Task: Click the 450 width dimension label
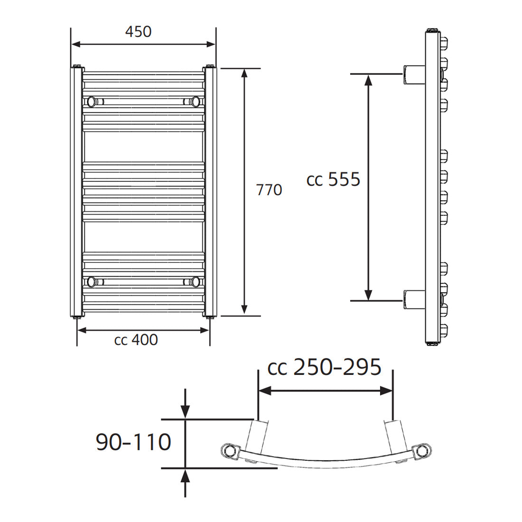click(138, 31)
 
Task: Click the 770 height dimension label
click(269, 190)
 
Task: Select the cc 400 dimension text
click(136, 340)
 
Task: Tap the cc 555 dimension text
click(334, 180)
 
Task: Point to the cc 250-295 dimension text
click(325, 367)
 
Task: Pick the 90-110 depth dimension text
click(133, 442)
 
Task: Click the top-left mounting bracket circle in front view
click(91, 101)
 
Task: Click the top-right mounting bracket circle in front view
click(195, 101)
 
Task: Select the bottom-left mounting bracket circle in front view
click(91, 281)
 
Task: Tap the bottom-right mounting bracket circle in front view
click(195, 281)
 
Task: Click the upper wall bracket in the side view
click(414, 75)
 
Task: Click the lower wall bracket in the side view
click(414, 300)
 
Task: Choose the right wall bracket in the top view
click(396, 437)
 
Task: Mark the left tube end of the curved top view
click(229, 450)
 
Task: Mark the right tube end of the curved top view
click(421, 451)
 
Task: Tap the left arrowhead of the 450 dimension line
click(76, 44)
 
